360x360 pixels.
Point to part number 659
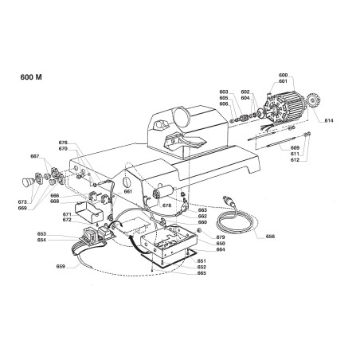point(62,266)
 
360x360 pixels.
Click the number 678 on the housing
point(166,205)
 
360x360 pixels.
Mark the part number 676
point(63,143)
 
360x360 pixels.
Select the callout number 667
point(34,156)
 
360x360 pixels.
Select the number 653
point(41,233)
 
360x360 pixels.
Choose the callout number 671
point(67,215)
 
